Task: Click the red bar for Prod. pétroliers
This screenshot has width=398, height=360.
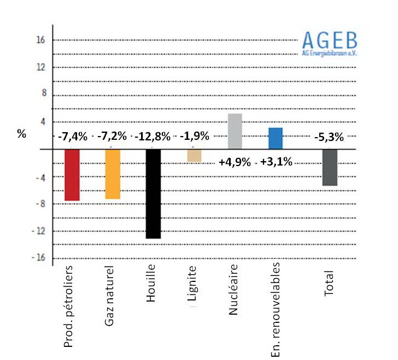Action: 72,175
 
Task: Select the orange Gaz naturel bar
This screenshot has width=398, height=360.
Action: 113,174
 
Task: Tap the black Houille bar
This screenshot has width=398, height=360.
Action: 153,193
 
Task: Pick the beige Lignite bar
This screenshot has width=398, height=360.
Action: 194,156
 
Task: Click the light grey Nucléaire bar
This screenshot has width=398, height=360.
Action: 235,131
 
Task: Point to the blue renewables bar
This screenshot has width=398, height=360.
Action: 276,138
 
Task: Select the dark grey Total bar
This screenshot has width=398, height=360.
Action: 330,167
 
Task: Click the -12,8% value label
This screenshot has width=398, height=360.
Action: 154,137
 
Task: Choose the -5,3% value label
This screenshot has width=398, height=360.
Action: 329,137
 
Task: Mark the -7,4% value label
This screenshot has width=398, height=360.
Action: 73,137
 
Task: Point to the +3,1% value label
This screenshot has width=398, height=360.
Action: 276,162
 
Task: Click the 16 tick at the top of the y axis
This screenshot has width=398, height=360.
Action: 41,40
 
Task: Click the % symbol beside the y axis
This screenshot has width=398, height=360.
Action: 22,134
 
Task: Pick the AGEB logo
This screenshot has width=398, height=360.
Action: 330,43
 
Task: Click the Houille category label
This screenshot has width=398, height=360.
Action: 152,280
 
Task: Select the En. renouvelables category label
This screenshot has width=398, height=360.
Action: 276,308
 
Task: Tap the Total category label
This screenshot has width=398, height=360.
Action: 329,282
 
